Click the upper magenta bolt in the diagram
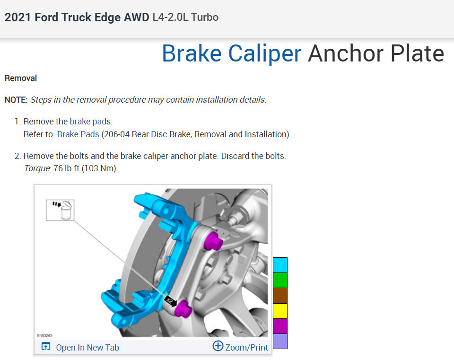(213, 240)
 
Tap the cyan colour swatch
(280, 265)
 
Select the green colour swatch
(280, 280)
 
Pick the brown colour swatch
(280, 295)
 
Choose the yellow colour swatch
(280, 311)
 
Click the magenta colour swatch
(280, 326)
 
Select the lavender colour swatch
(280, 341)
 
